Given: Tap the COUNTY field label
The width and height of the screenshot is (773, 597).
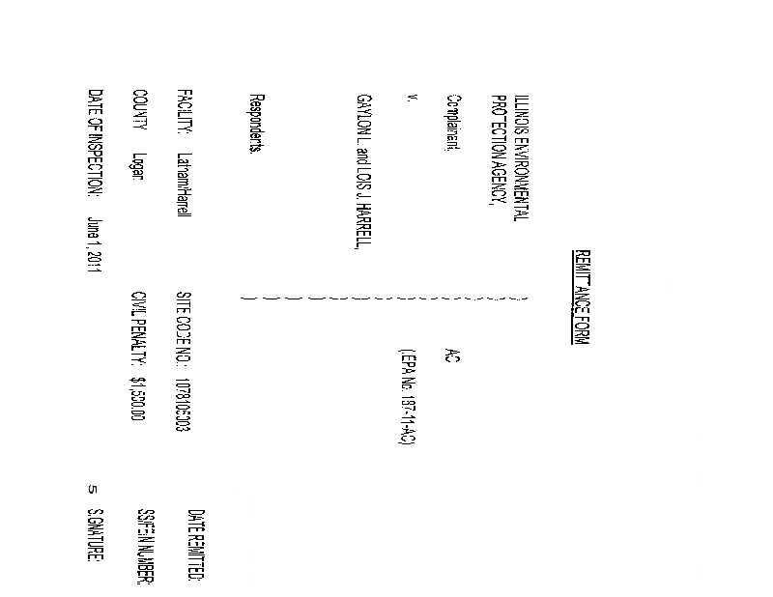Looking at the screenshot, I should [x=139, y=111].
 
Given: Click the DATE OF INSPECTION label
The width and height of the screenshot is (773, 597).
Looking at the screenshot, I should [x=94, y=144].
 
